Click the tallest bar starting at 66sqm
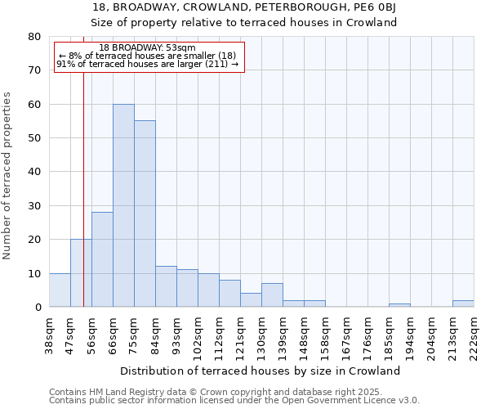(123, 205)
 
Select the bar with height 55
(145, 213)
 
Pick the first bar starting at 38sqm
(60, 290)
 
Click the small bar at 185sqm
(399, 305)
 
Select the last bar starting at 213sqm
(463, 303)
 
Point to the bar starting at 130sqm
(272, 295)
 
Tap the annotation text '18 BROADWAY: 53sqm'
(148, 48)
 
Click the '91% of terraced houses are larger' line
(148, 64)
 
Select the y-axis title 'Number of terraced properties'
(8, 175)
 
